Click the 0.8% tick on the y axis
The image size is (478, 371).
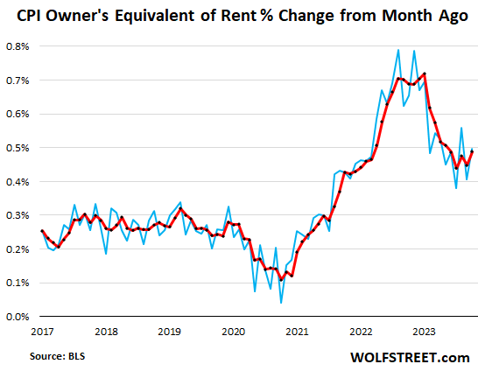18,45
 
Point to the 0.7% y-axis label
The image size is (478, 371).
18,80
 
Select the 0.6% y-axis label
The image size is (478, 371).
18,114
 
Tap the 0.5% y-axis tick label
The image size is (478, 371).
18,148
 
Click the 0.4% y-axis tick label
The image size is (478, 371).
18,181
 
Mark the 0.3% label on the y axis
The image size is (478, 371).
18,215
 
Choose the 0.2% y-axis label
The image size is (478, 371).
18,249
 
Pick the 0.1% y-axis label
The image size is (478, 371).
18,283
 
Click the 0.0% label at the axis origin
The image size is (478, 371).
18,317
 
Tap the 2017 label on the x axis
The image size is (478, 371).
42,332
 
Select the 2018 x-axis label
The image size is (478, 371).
106,332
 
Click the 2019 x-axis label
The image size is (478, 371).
170,332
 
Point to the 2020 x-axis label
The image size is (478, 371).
234,332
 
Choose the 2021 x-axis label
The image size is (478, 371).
298,332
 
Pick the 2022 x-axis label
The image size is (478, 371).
362,332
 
